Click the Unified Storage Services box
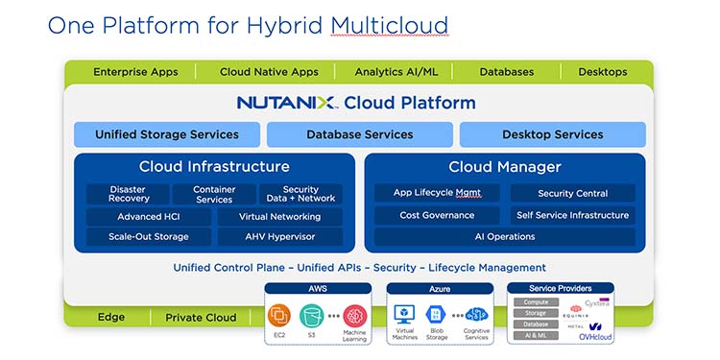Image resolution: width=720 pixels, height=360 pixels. coord(167,134)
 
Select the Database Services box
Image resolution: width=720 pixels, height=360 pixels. coord(360,134)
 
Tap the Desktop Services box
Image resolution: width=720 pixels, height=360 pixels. coord(552,134)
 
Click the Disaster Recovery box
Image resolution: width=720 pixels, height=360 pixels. coord(128,194)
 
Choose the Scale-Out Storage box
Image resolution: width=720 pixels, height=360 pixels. coord(148,236)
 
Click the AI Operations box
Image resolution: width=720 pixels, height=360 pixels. coord(504,236)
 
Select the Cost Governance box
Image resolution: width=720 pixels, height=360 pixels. coord(436,215)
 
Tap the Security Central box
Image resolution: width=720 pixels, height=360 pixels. coord(572,193)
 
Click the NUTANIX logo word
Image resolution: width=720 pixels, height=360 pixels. coord(287,103)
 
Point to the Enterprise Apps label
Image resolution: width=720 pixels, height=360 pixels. coord(135,72)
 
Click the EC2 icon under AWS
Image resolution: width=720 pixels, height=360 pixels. coord(280,315)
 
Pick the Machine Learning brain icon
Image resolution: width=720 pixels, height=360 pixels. coord(355,315)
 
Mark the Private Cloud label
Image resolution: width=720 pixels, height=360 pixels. coord(201,318)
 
